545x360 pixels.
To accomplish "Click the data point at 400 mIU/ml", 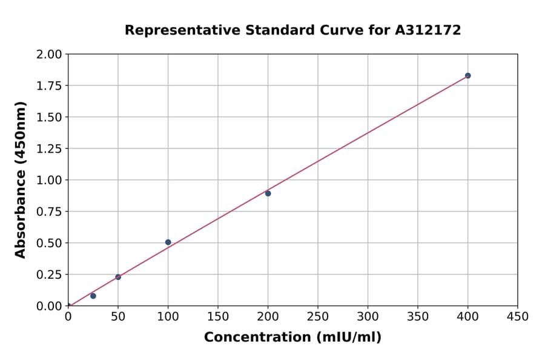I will [x=467, y=76].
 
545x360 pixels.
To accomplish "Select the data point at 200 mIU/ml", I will [x=268, y=193].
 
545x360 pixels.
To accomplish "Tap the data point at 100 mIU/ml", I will [x=168, y=242].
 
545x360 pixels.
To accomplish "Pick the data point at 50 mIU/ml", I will [x=118, y=277].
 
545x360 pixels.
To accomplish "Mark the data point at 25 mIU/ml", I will [x=93, y=296].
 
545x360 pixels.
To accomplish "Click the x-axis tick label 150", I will [x=218, y=317].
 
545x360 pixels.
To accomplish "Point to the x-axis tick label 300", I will [x=368, y=317].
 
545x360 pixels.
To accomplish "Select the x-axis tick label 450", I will [x=517, y=317].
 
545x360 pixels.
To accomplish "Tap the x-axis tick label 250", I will [x=318, y=317].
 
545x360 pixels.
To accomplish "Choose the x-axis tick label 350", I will [x=418, y=317].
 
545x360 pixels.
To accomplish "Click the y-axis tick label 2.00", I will [x=49, y=55].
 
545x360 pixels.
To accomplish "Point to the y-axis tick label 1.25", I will [x=49, y=149].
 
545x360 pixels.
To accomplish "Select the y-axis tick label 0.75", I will [x=49, y=212].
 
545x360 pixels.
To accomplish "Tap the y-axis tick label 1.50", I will [x=49, y=118].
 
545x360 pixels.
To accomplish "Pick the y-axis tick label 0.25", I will [x=49, y=275].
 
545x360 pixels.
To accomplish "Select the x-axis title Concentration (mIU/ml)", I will [x=292, y=338].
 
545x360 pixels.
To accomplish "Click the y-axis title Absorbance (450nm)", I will [x=21, y=180].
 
